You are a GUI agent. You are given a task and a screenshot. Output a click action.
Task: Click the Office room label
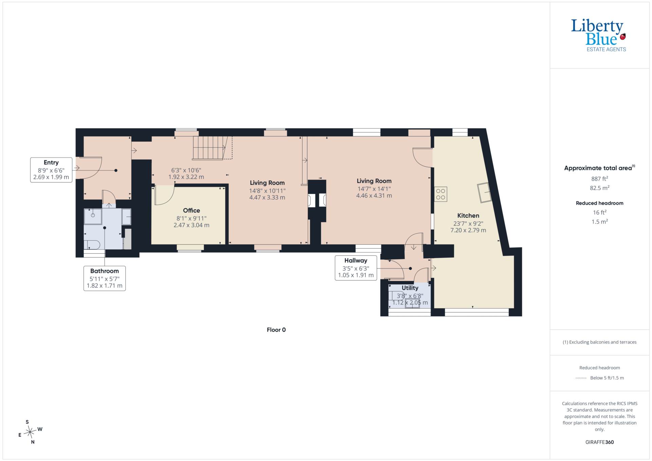coord(191,210)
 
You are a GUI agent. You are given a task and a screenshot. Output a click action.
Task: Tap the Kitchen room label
coord(468,216)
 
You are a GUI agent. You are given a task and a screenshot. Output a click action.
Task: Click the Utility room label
coord(410,288)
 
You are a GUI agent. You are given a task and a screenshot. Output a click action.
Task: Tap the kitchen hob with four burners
coord(440,194)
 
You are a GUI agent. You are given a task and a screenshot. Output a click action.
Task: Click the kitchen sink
coord(485,192)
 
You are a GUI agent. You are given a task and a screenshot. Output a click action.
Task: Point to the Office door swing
coord(164,196)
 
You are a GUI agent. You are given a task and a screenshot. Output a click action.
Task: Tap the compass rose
coord(30,432)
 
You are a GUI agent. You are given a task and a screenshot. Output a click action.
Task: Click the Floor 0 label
coord(276,330)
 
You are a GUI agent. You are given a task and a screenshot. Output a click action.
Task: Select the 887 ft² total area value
coord(599,179)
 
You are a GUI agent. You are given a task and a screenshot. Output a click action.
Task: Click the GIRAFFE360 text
coord(599,442)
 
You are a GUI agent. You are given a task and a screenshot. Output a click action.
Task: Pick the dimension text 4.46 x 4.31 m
coord(374,196)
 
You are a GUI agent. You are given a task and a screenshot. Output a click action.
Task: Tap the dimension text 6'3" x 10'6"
coord(186,170)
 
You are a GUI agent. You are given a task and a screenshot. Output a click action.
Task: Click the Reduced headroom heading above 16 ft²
coord(599,203)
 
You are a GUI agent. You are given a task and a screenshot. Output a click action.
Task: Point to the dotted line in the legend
coord(581,378)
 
